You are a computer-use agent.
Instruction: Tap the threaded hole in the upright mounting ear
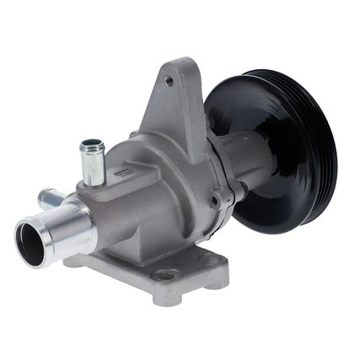pyautogui.click(x=170, y=82)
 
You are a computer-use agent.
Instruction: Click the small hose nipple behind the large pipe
pyautogui.click(x=49, y=199)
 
